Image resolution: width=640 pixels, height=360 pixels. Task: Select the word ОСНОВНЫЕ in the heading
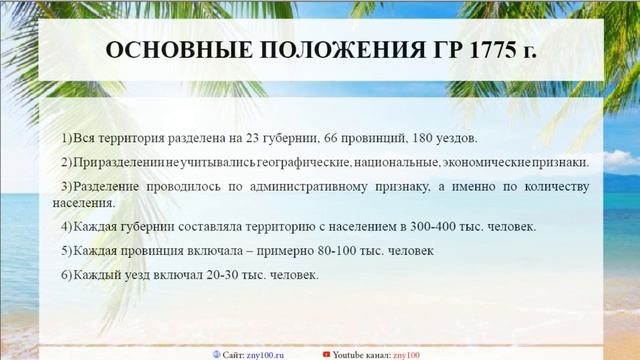point(166,51)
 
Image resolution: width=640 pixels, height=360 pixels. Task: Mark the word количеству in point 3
point(543,187)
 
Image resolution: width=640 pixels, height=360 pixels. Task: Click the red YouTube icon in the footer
point(326,354)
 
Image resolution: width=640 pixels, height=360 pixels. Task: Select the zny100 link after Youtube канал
point(406,354)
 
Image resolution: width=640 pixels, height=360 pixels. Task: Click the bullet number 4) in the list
point(66,226)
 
